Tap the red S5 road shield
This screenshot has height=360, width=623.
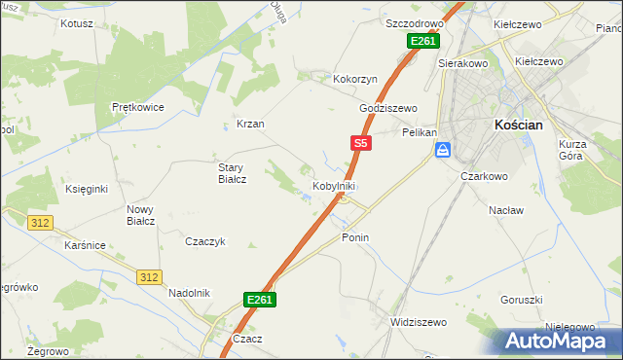tap(361, 143)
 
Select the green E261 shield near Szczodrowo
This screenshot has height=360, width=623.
tap(423, 41)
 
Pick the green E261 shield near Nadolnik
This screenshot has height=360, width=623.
tap(259, 301)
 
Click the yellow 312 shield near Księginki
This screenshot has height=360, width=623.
tap(40, 224)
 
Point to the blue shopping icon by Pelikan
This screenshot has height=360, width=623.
tap(443, 150)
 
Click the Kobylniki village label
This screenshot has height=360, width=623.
tap(333, 185)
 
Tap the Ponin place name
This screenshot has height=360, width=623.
tap(355, 237)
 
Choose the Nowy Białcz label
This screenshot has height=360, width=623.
tap(141, 215)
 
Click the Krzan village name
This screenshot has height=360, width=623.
tap(250, 125)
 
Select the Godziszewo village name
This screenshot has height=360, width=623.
tap(387, 108)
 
